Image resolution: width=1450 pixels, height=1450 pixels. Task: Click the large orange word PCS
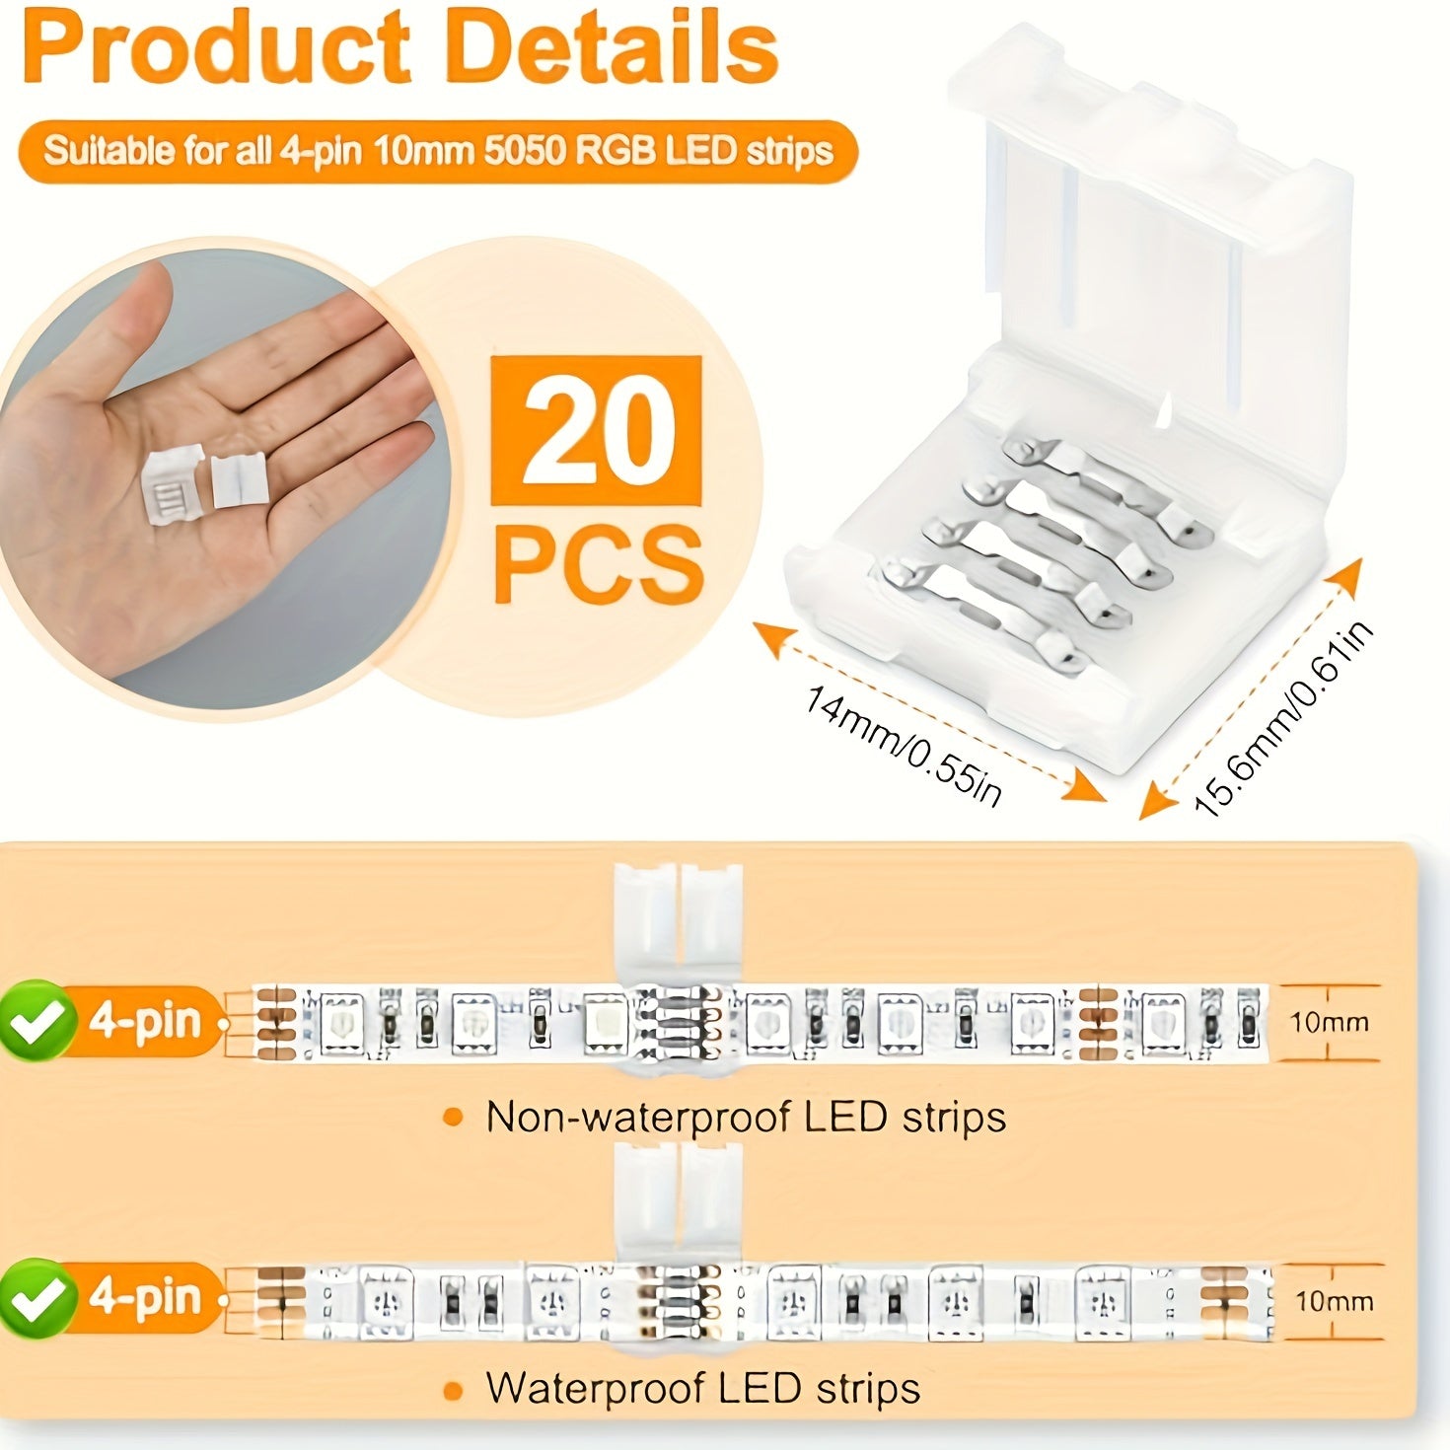[x=599, y=564]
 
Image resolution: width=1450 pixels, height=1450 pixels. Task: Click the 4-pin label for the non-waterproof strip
[x=145, y=1020]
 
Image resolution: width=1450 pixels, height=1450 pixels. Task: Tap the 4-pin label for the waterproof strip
[x=145, y=1297]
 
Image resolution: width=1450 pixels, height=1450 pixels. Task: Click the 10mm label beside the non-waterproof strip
[x=1330, y=1022]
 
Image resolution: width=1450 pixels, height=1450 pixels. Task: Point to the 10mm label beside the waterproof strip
[x=1334, y=1301]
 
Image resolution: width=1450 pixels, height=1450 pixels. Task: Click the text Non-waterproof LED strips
[x=746, y=1117]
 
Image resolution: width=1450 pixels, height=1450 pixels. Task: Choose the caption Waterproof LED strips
[x=702, y=1388]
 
